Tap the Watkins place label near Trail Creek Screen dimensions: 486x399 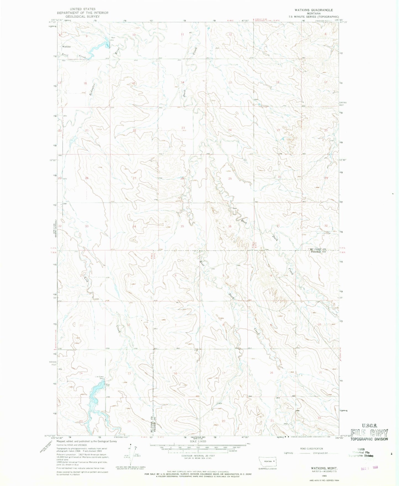66,47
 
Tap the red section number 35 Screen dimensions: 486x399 182,226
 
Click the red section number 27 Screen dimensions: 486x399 134,178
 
